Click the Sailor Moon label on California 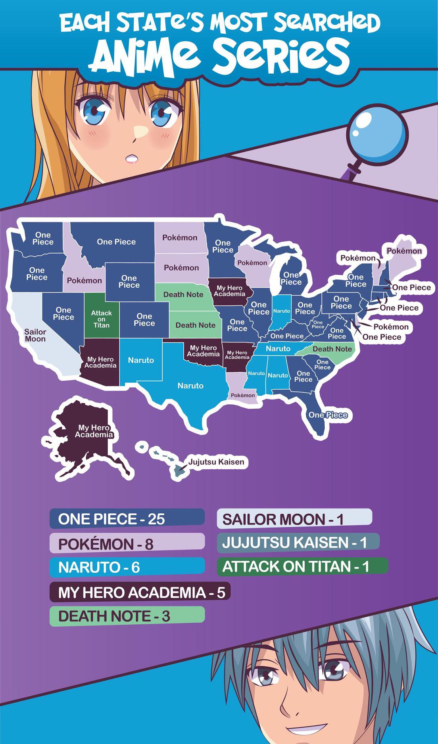(35, 335)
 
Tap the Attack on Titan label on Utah (101, 319)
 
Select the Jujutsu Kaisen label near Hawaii (216, 462)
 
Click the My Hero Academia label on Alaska (94, 431)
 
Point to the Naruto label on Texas (190, 386)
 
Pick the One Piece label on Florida (328, 415)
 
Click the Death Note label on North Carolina (332, 349)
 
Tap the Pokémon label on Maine (404, 251)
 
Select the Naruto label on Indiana (282, 311)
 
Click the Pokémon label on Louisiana (243, 395)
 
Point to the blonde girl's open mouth (132, 159)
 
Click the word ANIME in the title (147, 55)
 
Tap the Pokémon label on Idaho (84, 281)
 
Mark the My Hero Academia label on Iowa (229, 291)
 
